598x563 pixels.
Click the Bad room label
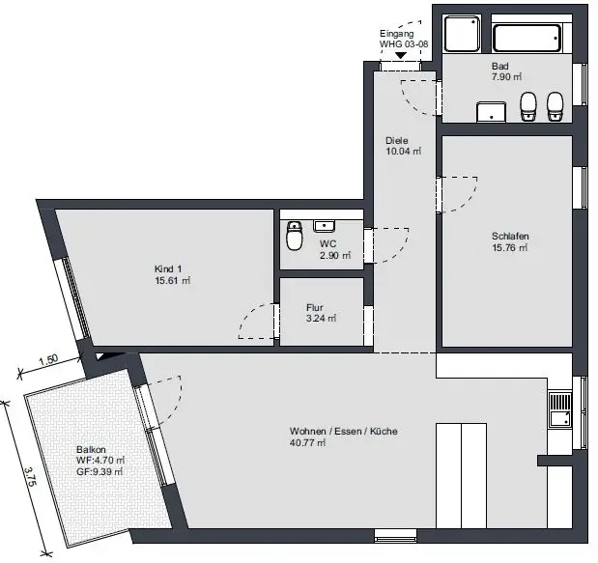coord(500,66)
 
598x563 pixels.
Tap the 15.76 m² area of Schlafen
coord(509,248)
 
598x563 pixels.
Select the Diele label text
coord(397,140)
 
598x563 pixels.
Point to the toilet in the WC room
coord(294,236)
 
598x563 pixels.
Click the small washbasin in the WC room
coord(324,226)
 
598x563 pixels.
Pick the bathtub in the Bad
coord(527,38)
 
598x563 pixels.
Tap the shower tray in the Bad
coord(461,34)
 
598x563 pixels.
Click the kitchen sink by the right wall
coord(560,409)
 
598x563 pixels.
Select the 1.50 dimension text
coord(48,360)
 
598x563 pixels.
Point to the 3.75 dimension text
coord(30,476)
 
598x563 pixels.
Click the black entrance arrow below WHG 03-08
coord(400,55)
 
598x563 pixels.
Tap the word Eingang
coord(397,34)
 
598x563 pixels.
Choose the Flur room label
coord(315,307)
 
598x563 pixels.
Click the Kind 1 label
coord(168,268)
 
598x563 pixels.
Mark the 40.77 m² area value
coord(307,443)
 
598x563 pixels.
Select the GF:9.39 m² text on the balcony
coord(100,471)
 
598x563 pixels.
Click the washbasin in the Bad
coord(492,112)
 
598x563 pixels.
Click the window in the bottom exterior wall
coord(395,535)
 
